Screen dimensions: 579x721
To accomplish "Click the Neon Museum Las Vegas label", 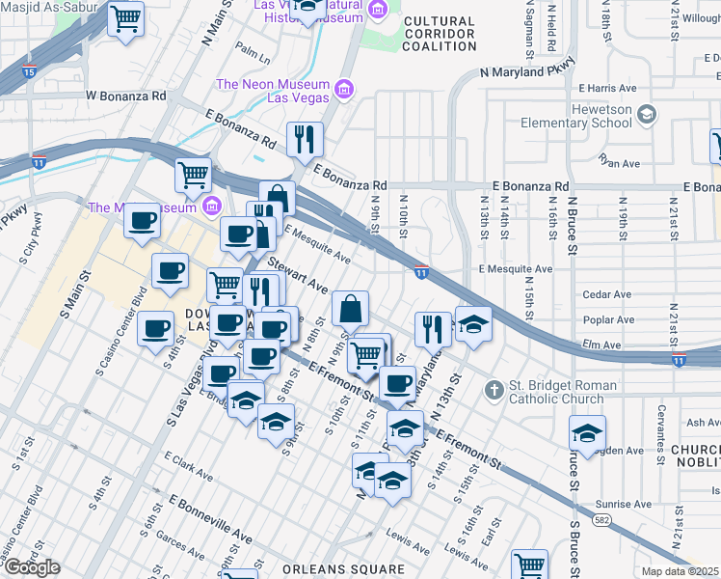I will coord(273,92).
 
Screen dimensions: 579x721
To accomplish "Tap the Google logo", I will coord(31,567).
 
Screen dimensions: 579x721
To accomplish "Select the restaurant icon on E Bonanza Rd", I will coord(305,140).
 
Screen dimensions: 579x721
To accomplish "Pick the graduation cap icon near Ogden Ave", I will coord(586,435).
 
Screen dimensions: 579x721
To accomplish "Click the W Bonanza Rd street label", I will coord(126,96).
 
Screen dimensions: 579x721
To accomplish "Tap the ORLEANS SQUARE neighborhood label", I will coord(343,568).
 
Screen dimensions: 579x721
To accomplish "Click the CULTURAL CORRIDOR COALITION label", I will coord(440,34).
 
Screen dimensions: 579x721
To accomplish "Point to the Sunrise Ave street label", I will coord(623,504).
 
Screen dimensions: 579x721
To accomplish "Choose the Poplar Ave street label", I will coord(609,319).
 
